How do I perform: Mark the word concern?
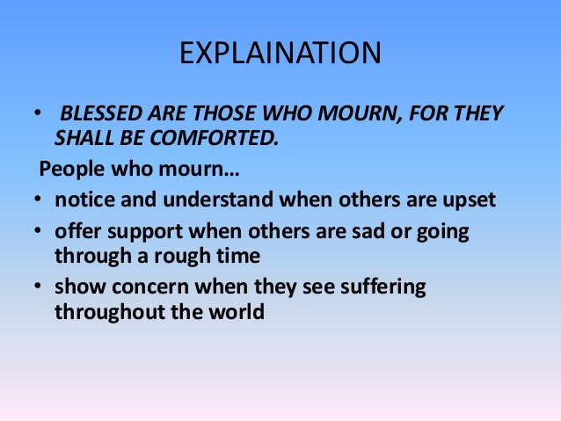149,287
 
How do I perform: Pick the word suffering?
386,287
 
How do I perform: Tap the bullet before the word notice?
37,200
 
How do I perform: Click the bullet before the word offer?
37,231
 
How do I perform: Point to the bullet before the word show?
37,287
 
